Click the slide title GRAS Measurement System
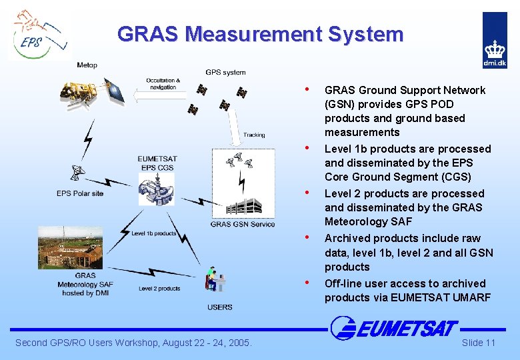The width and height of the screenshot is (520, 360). tap(260, 34)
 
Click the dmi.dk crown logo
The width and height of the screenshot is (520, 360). tap(495, 41)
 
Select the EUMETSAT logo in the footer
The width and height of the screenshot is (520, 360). tap(395, 328)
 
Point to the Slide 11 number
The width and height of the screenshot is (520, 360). tap(479, 343)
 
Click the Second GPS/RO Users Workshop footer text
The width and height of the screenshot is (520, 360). tap(133, 343)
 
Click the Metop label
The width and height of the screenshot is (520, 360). tap(87, 65)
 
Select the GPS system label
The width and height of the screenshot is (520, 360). tap(225, 72)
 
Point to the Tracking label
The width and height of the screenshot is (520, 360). tap(254, 135)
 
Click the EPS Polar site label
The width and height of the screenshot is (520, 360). tap(80, 193)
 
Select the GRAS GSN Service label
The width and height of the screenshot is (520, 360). tap(243, 224)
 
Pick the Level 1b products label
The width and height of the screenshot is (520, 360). tap(154, 233)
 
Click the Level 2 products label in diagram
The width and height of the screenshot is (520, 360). tap(159, 289)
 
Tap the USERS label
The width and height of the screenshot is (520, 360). tap(220, 307)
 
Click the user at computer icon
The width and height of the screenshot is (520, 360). tap(216, 280)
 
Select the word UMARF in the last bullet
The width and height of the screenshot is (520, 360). tap(471, 297)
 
